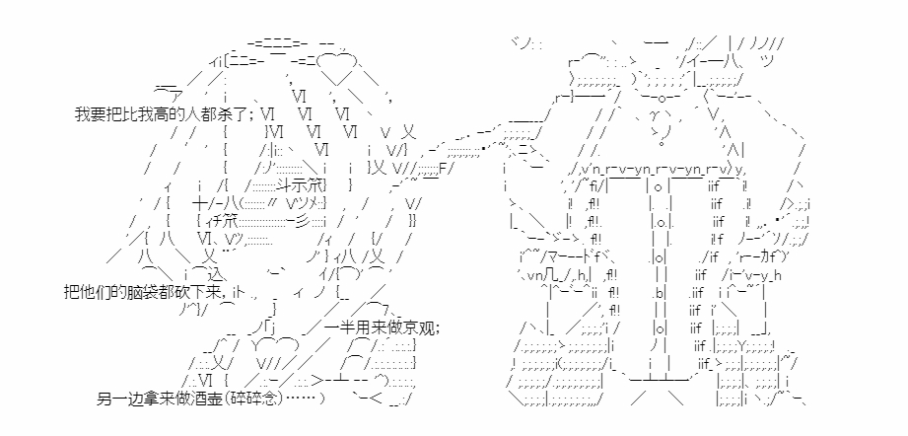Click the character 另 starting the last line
click(105, 399)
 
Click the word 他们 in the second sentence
click(95, 292)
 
